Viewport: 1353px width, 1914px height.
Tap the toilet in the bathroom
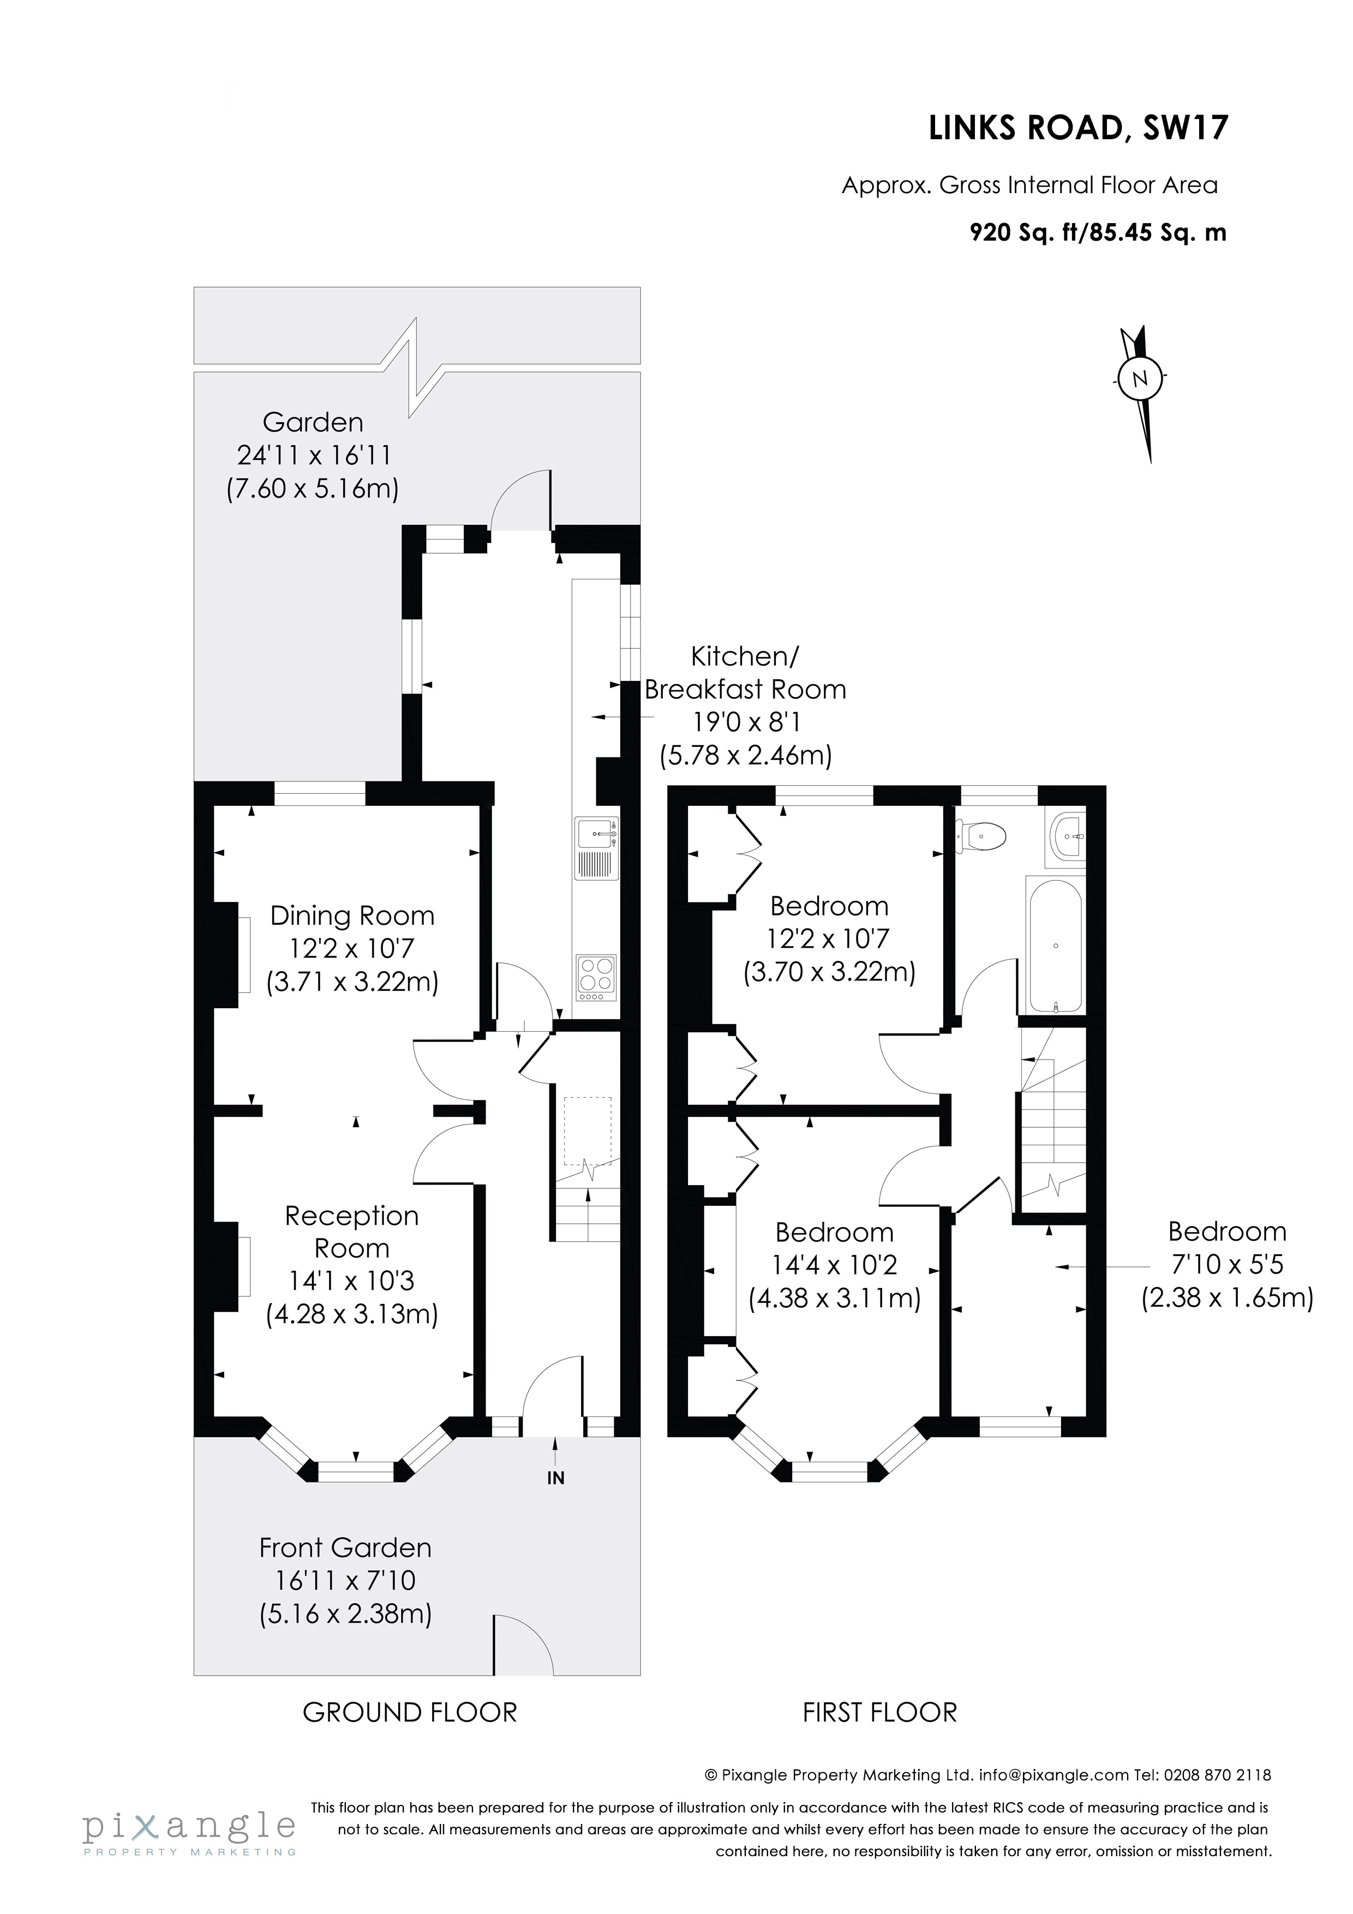pos(983,834)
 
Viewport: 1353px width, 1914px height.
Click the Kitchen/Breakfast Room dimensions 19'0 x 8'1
pos(746,722)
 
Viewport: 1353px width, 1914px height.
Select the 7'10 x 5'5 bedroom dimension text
pos(1227,1265)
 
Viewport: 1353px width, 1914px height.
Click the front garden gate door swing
pos(522,1647)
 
